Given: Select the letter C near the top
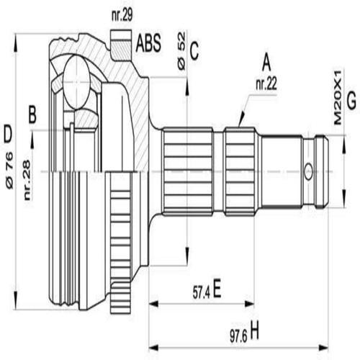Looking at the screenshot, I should (194, 49).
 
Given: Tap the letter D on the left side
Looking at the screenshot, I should (8, 133).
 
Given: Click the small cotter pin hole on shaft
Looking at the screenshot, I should (308, 171).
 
